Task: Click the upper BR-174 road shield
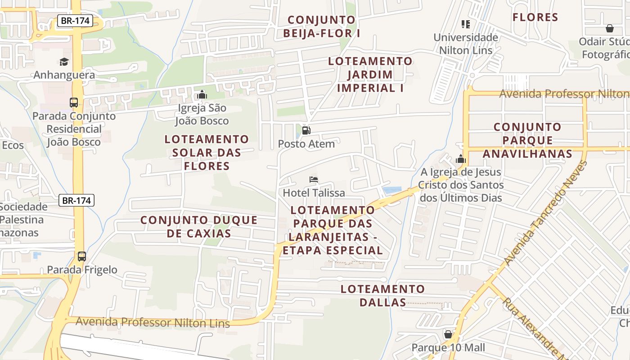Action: coord(75,20)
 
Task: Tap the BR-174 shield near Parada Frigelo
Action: coord(76,200)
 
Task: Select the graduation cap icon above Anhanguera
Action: coord(64,62)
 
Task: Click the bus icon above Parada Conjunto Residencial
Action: coord(74,102)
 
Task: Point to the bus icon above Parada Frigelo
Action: coord(82,256)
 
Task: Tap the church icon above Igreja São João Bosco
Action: coord(202,94)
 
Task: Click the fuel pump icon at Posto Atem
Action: coord(306,131)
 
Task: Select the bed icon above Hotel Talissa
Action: coord(314,180)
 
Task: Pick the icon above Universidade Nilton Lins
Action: coord(466,24)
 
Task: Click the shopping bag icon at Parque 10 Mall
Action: coord(448,334)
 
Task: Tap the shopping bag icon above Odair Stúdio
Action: coord(609,28)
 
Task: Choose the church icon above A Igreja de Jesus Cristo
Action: coord(460,158)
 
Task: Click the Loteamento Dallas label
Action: coord(382,295)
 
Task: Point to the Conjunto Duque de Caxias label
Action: coord(199,226)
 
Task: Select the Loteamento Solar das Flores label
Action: coord(207,153)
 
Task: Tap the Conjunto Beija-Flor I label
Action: coord(322,27)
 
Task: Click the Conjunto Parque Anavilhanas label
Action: coord(527,140)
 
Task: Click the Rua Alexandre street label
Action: coord(533,328)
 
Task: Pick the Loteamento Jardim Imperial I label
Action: coord(370,74)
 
